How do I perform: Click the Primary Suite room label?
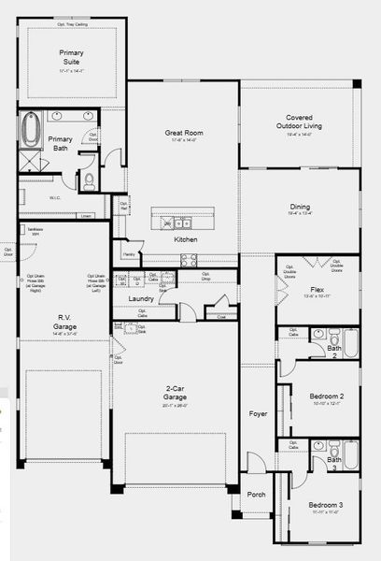71,55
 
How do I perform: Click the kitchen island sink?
177,223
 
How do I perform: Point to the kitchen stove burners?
188,261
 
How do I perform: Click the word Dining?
299,209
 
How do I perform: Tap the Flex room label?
317,291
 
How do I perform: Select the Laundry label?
141,298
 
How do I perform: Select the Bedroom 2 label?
327,396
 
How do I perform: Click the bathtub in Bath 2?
349,342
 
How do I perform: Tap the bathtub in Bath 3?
349,454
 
